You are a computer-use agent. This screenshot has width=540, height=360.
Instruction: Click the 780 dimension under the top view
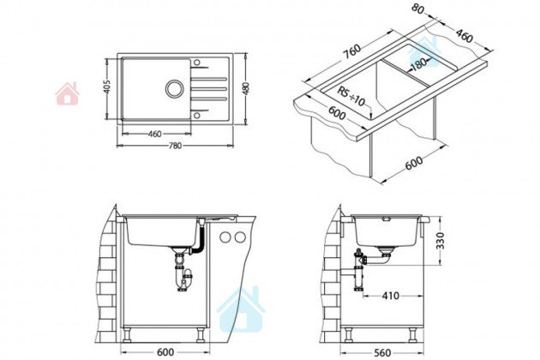click(x=175, y=146)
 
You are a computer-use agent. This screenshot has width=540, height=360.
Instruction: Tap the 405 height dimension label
click(x=107, y=87)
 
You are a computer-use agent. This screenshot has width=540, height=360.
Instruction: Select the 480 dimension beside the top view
click(x=245, y=88)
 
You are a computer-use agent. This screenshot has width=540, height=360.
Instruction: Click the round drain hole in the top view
click(x=175, y=88)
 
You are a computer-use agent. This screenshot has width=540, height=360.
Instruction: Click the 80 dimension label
click(x=417, y=9)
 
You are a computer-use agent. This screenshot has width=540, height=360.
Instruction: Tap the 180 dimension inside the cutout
click(x=418, y=64)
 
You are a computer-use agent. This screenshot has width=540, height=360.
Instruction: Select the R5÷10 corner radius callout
click(x=351, y=97)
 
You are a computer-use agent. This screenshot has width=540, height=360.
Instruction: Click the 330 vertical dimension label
click(x=440, y=241)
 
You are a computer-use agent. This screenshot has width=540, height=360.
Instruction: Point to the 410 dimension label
click(x=390, y=296)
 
